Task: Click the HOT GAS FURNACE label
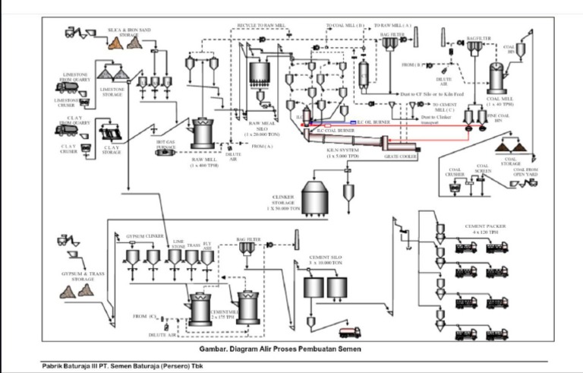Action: (x=166, y=143)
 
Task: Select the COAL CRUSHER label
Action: (x=455, y=175)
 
